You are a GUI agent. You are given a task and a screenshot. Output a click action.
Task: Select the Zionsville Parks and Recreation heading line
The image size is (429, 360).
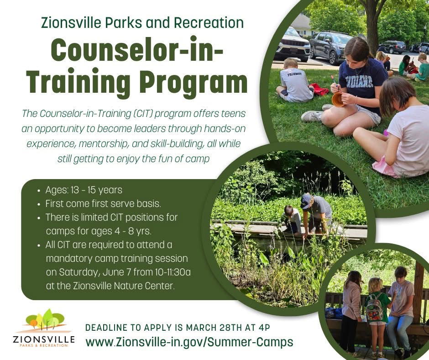(142, 22)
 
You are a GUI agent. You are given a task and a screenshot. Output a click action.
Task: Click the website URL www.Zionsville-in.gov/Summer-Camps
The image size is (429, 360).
(189, 342)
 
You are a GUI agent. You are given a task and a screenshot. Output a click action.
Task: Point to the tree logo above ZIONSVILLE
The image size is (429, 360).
(45, 320)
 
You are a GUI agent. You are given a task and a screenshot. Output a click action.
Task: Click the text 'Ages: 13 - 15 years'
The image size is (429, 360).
(84, 190)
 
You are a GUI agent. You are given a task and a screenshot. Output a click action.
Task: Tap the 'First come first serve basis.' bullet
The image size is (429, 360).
(103, 204)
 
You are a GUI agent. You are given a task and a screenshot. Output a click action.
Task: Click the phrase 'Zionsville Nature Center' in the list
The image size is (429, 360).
(123, 286)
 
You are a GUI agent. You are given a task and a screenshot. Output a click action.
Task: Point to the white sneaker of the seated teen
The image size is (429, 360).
(311, 116)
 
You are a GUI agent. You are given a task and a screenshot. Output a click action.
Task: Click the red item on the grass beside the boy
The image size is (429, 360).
(319, 90)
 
